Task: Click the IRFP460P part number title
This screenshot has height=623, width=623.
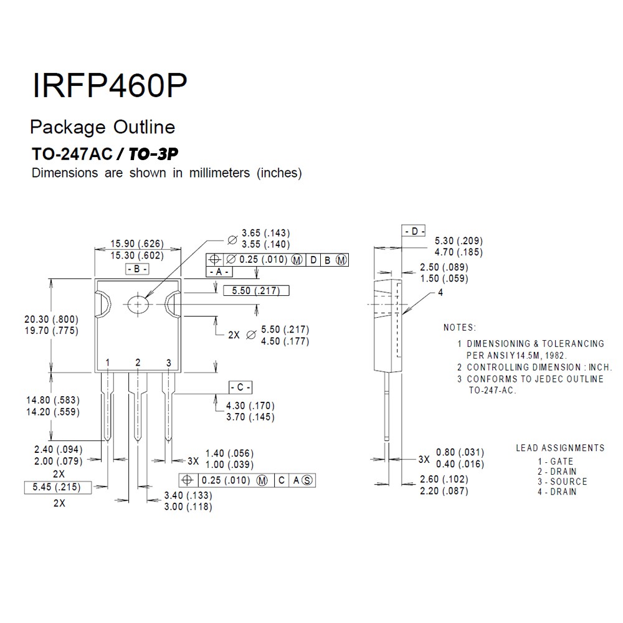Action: click(x=109, y=85)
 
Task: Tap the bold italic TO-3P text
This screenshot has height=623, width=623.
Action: click(x=153, y=154)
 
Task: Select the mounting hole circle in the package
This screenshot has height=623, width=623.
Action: click(x=138, y=305)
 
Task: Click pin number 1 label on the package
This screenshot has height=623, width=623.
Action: click(x=107, y=363)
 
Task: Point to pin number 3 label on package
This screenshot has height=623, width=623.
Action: click(x=168, y=363)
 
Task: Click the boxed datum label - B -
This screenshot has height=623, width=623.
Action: click(x=137, y=269)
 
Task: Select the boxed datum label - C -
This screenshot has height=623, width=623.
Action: click(x=240, y=387)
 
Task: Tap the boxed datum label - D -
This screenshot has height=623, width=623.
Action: click(x=414, y=231)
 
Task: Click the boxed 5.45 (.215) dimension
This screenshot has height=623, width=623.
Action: click(x=57, y=487)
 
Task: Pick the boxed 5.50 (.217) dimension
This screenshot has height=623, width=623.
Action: click(x=256, y=291)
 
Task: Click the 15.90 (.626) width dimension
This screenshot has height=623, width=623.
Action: click(x=137, y=244)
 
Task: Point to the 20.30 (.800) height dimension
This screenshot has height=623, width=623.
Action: click(x=52, y=319)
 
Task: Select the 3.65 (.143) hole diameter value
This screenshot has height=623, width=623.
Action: click(x=266, y=233)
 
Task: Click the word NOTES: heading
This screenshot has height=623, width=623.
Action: click(x=460, y=328)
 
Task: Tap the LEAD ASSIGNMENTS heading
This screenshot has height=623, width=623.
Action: click(x=560, y=448)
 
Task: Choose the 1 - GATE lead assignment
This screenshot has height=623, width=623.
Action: click(x=556, y=461)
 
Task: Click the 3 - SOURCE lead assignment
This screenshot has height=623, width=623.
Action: click(x=562, y=482)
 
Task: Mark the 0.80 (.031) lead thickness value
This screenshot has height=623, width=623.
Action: click(x=460, y=452)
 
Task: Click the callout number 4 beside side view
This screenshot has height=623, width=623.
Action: click(x=440, y=292)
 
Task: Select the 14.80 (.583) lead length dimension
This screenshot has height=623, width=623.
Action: click(x=53, y=400)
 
